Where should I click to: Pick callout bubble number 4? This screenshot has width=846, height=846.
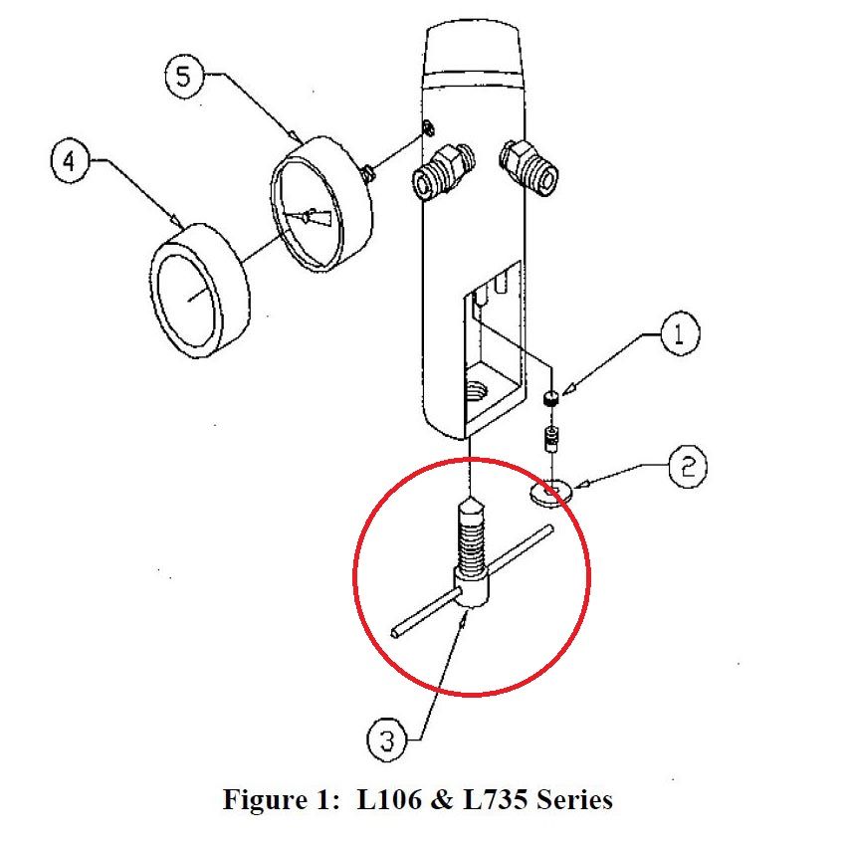click(x=69, y=163)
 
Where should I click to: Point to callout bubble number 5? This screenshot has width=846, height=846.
click(x=183, y=77)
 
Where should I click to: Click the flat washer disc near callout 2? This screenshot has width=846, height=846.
click(x=550, y=491)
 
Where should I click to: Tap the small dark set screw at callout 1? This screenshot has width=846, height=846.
click(x=549, y=399)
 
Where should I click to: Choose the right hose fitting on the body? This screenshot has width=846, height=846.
click(x=529, y=164)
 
